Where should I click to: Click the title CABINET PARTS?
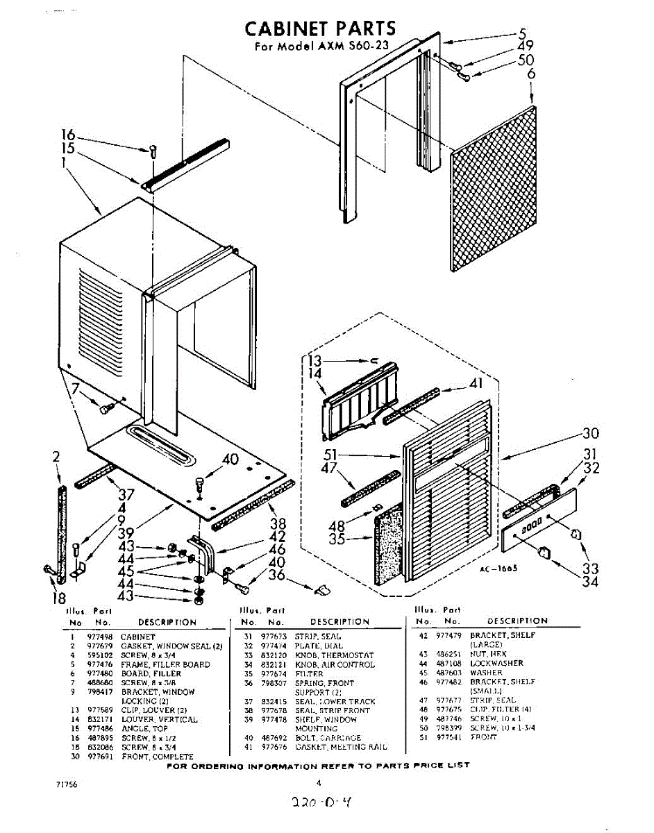click(x=320, y=28)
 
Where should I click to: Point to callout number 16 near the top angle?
click(x=67, y=135)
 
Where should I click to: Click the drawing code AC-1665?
click(x=498, y=568)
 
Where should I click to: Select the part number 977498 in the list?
click(x=99, y=636)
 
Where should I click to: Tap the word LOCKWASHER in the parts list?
click(x=496, y=663)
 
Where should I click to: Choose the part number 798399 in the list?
click(x=448, y=727)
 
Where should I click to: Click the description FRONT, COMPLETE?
click(x=157, y=756)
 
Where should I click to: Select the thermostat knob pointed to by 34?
click(x=544, y=552)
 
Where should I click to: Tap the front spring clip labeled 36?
click(x=322, y=589)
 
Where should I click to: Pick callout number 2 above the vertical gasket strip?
click(x=56, y=456)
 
